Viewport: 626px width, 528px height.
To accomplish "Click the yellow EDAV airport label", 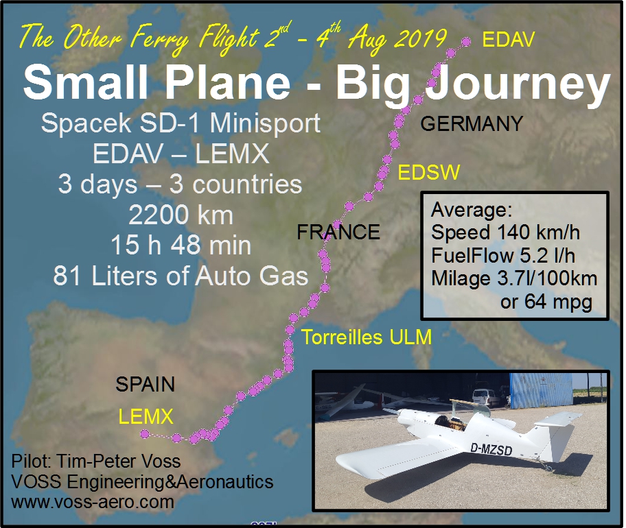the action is click(x=508, y=40).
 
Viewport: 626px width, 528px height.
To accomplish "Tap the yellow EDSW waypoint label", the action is click(x=429, y=173).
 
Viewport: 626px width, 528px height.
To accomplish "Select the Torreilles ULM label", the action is click(x=367, y=337).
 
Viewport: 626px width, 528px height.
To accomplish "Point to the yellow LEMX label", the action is click(x=146, y=417).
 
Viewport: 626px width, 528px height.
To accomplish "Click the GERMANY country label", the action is click(x=472, y=123).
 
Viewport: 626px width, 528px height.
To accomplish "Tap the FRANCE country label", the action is click(x=338, y=232).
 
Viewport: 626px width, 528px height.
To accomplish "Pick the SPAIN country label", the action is click(x=146, y=385).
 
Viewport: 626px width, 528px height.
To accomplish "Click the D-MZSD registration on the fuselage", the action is click(x=491, y=449).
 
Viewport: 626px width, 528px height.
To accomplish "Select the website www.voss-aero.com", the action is click(x=93, y=502).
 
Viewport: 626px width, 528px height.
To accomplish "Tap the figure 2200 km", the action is click(x=181, y=215).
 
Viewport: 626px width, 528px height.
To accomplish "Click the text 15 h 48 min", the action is click(x=181, y=245).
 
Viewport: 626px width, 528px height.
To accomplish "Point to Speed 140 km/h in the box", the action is click(x=505, y=232).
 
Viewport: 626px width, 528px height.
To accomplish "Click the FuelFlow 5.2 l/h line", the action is click(x=503, y=255).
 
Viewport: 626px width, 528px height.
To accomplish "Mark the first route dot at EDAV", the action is click(x=466, y=41).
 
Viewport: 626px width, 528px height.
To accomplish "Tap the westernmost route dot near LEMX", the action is click(x=145, y=434).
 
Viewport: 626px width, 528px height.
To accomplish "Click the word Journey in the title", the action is click(x=518, y=84).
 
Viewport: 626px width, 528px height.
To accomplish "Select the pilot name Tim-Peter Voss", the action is click(x=118, y=461).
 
